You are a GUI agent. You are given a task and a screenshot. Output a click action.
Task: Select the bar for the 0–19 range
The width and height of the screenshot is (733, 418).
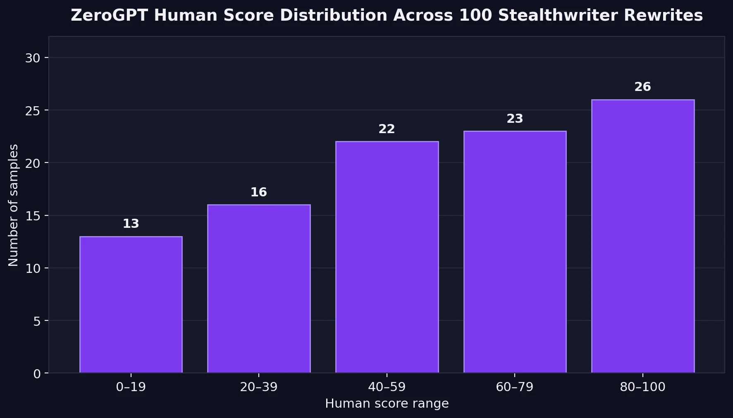(x=131, y=305)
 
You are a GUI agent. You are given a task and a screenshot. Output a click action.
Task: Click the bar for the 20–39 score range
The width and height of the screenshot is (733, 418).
(x=259, y=289)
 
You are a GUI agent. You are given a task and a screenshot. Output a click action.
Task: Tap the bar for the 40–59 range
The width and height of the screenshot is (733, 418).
(x=387, y=257)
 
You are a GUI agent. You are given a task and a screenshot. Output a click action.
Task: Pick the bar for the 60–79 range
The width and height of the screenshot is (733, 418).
(x=515, y=252)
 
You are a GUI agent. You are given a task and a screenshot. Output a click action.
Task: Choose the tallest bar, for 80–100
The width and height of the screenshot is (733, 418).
(x=642, y=236)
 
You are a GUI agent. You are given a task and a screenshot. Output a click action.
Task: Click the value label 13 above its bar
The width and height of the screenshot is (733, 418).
(x=131, y=224)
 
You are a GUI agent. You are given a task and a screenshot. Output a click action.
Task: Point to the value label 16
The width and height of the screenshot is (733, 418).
(x=259, y=192)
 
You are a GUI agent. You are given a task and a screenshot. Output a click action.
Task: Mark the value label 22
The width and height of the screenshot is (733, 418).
(x=387, y=129)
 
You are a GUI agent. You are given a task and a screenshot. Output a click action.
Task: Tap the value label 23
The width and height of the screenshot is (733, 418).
(x=515, y=119)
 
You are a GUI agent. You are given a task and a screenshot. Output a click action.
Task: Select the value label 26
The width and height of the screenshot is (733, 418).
(x=642, y=87)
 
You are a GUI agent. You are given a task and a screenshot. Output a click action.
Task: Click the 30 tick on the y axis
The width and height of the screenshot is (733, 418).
(x=33, y=58)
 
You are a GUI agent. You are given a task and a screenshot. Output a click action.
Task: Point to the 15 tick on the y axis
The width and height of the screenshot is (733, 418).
(x=33, y=216)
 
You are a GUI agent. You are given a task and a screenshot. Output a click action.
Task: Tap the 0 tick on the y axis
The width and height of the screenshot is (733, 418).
(x=37, y=374)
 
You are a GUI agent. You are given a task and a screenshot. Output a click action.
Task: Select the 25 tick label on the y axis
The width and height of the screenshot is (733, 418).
(x=33, y=111)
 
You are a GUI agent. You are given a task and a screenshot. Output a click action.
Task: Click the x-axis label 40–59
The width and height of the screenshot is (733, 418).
(x=387, y=387)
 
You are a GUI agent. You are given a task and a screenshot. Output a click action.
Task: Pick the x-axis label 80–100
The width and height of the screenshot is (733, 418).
(x=642, y=387)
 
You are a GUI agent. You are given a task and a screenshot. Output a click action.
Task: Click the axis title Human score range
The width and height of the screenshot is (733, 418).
(x=387, y=404)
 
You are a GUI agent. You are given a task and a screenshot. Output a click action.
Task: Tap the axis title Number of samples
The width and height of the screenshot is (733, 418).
(x=13, y=205)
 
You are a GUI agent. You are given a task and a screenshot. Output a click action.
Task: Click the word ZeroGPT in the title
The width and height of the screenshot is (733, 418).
(x=109, y=16)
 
